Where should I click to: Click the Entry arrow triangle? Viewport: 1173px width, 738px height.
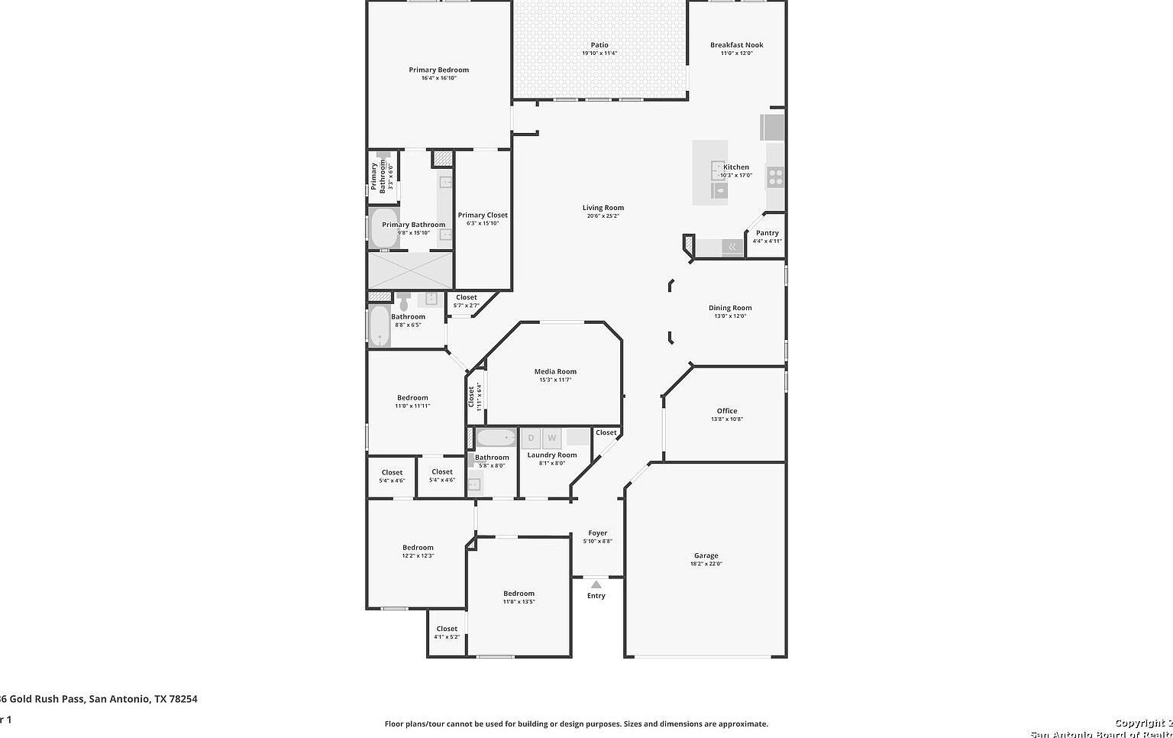[x=596, y=584]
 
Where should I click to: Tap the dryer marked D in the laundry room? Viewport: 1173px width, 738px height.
[x=531, y=438]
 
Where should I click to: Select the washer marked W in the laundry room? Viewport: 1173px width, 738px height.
[x=551, y=438]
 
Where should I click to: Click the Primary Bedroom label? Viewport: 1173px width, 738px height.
[x=438, y=70]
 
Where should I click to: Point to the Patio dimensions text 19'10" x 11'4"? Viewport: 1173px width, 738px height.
[x=599, y=53]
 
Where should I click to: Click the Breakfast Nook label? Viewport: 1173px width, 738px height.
[x=736, y=45]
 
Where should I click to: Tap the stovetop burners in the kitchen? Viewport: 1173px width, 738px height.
[x=775, y=177]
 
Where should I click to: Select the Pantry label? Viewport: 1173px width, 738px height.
[x=767, y=233]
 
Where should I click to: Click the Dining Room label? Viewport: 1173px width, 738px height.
[x=730, y=308]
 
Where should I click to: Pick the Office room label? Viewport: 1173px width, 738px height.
[x=726, y=411]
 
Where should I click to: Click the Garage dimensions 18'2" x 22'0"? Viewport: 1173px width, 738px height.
[x=706, y=564]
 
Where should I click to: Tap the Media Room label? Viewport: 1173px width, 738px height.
[x=555, y=371]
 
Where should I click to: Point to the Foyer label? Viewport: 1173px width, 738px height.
[x=597, y=533]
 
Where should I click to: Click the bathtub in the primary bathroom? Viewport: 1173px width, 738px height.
[x=384, y=228]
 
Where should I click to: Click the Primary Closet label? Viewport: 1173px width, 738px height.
[x=483, y=215]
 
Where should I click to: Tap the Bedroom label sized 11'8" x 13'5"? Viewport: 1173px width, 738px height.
[x=519, y=594]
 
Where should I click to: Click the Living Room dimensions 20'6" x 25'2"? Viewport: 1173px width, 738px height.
[x=603, y=216]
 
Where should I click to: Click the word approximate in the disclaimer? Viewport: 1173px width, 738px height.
[x=744, y=723]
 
